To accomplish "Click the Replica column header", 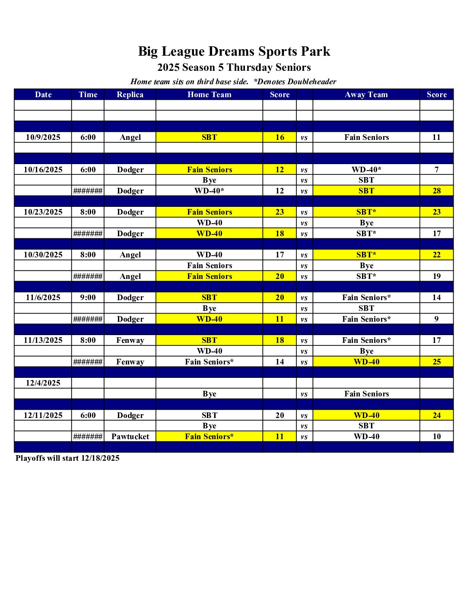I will coord(130,95).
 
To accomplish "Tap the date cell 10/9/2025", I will coord(43,137).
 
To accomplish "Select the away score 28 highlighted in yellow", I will coord(437,191).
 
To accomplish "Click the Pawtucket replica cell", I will coord(130,437).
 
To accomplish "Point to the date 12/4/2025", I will coord(43,383).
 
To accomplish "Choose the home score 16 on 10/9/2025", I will coord(279,137).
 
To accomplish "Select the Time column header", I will coord(88,95).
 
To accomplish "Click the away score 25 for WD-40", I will coord(437,362).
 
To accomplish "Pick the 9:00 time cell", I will coord(88,298).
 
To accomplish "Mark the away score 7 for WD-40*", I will coord(437,170).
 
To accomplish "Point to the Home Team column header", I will coord(209,95).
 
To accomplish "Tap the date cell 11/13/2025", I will coord(43,340).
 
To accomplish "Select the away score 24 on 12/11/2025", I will coord(437,415).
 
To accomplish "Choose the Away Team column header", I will coord(366,95).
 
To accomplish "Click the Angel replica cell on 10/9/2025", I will coord(130,137).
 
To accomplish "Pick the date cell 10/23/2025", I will coord(43,212).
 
